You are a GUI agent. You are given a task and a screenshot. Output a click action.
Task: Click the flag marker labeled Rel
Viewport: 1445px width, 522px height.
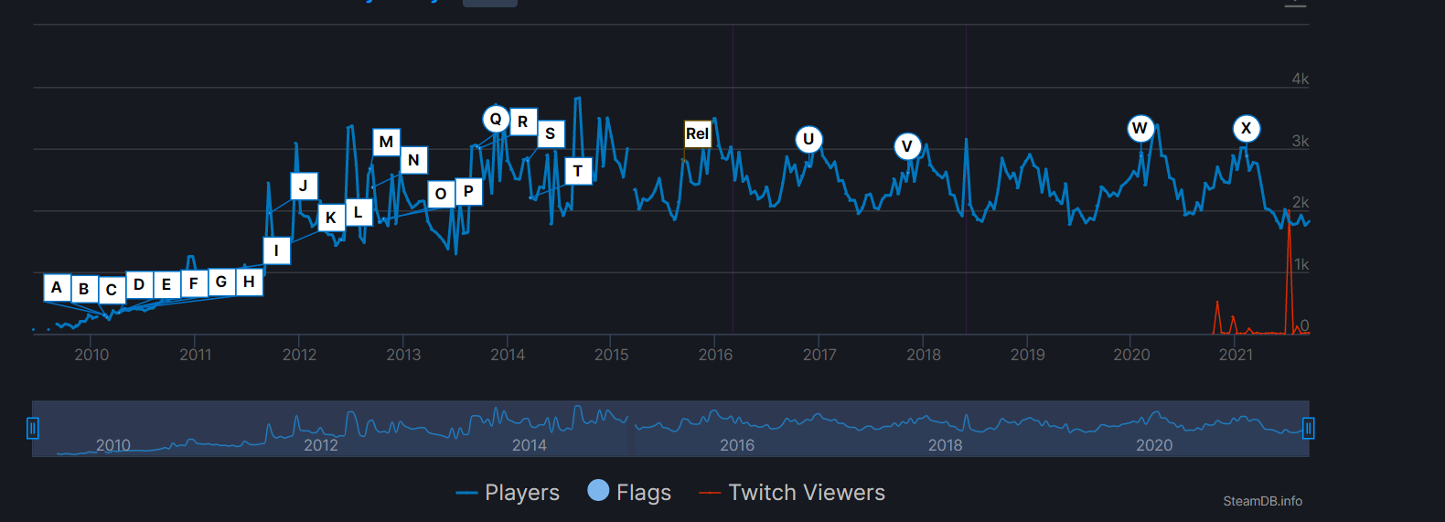(698, 133)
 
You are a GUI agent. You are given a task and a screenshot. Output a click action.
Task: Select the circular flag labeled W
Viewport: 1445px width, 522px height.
(1140, 128)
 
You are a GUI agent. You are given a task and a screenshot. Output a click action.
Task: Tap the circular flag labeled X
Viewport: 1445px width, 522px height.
(1246, 129)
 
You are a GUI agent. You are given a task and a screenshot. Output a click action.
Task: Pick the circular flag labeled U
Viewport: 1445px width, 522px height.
(808, 140)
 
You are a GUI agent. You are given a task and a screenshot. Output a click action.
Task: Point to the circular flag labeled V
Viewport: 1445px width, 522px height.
(907, 146)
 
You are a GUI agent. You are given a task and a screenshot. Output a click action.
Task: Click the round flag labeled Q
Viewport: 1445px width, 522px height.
(496, 119)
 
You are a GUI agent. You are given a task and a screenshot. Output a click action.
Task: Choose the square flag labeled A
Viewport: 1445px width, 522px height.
(57, 287)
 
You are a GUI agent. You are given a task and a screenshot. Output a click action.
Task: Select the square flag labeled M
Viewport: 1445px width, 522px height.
(386, 142)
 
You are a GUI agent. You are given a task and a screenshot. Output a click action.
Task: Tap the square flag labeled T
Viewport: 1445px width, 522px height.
(578, 171)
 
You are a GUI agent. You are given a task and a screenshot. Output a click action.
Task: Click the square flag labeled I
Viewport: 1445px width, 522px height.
(276, 250)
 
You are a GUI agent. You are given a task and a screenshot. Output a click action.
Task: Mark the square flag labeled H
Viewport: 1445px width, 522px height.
(249, 282)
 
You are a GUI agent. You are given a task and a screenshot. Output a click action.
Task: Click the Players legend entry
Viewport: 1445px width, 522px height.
(508, 493)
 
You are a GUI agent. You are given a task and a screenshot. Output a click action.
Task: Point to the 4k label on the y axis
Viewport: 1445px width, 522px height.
(1300, 80)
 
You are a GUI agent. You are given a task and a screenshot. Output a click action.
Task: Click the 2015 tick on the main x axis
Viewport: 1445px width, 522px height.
(612, 355)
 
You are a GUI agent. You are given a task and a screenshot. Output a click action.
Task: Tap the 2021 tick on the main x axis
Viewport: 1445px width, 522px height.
(1236, 355)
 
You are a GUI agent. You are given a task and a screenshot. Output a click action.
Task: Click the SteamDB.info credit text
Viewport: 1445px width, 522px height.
(1262, 501)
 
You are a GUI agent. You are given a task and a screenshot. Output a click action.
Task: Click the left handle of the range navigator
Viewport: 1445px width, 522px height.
(33, 428)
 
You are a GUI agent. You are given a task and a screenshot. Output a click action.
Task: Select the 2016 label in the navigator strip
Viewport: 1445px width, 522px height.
(737, 445)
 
